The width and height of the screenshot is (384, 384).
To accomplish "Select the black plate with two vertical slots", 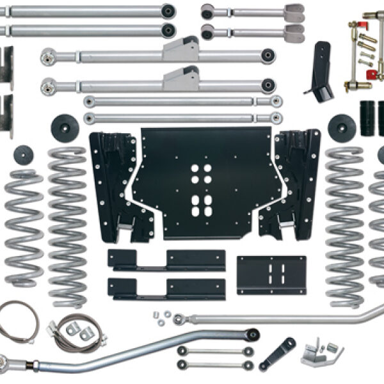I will [271, 275].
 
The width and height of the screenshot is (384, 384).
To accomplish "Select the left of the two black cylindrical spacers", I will [367, 118].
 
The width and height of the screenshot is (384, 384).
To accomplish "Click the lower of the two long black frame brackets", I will [166, 288].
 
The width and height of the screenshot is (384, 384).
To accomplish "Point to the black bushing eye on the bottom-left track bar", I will [252, 334].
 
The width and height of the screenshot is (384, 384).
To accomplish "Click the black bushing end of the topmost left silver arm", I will [168, 11].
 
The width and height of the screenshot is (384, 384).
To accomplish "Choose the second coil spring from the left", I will [67, 224].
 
